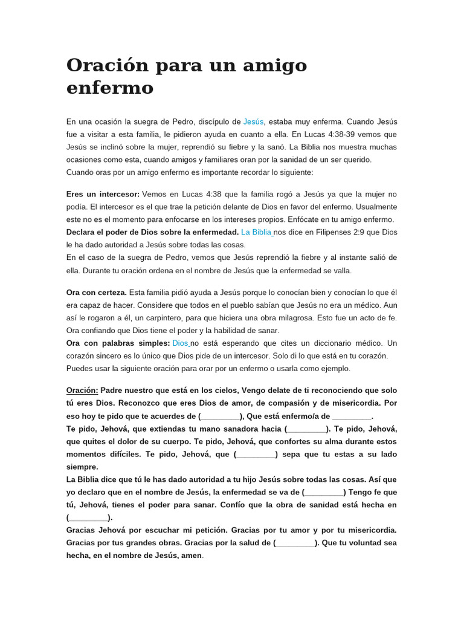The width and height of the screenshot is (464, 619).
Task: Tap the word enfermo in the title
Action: click(110, 88)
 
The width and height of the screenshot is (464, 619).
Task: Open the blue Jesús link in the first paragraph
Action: click(253, 122)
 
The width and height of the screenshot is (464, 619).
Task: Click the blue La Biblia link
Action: click(256, 232)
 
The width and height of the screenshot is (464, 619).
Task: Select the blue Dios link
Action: click(181, 343)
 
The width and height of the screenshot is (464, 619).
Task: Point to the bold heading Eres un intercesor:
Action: click(103, 194)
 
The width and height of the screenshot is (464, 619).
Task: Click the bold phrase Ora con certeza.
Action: click(97, 293)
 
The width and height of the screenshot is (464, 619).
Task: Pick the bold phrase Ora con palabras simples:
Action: click(118, 343)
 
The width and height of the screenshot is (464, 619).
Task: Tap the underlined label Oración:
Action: click(82, 391)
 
